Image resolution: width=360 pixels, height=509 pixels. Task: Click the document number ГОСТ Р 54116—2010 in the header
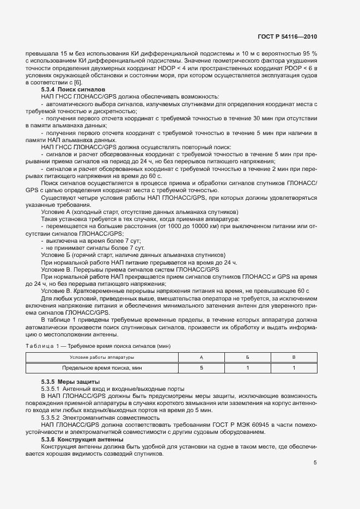click(287, 37)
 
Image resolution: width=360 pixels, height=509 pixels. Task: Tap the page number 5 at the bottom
click(315, 463)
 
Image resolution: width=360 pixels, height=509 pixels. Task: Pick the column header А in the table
click(202, 357)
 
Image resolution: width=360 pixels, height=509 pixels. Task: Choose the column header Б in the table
click(248, 357)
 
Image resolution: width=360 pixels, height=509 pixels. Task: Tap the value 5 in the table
click(202, 368)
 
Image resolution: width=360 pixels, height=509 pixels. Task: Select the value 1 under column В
click(294, 368)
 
